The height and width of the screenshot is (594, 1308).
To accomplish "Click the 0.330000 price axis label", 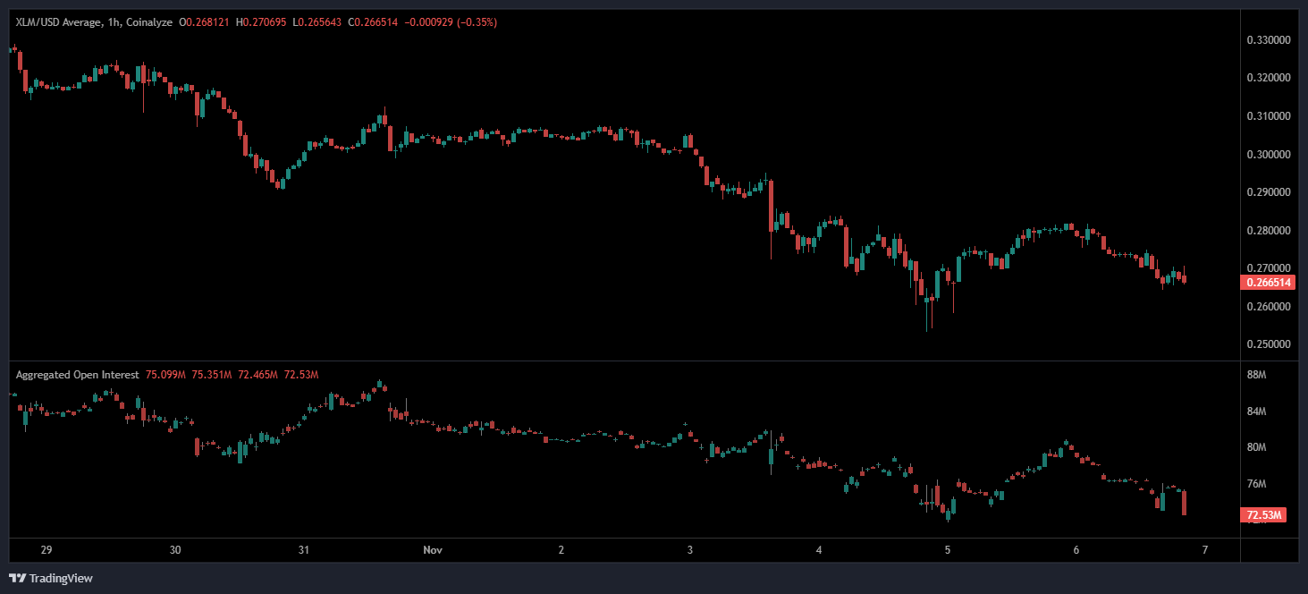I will pyautogui.click(x=1267, y=40).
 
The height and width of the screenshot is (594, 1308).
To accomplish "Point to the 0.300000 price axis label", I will pyautogui.click(x=1267, y=155).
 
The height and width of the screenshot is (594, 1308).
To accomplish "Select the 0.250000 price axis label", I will pyautogui.click(x=1267, y=344).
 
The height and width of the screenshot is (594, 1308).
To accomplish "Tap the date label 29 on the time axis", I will pyautogui.click(x=46, y=549).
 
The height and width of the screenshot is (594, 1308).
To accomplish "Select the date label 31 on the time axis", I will pyautogui.click(x=304, y=549).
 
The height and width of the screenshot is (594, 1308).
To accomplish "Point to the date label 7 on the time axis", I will pyautogui.click(x=1205, y=549).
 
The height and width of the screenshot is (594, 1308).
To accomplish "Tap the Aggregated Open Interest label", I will pyautogui.click(x=77, y=375).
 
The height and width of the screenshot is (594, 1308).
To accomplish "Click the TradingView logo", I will pyautogui.click(x=51, y=578).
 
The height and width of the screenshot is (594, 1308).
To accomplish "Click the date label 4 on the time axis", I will pyautogui.click(x=819, y=549).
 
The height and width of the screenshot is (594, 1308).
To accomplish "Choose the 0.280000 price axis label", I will pyautogui.click(x=1267, y=231).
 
